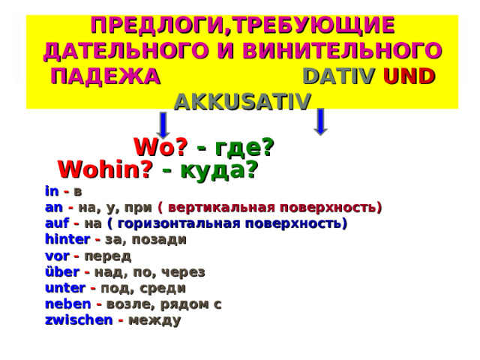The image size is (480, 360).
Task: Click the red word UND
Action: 408,76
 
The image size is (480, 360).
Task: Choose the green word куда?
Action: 220,169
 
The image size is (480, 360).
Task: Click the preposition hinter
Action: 67,240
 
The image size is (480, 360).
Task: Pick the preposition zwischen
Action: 77,320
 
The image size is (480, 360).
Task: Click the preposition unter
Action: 64,288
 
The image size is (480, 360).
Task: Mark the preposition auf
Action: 55,223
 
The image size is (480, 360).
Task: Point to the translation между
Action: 154,320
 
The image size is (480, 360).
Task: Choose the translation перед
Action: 112,256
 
